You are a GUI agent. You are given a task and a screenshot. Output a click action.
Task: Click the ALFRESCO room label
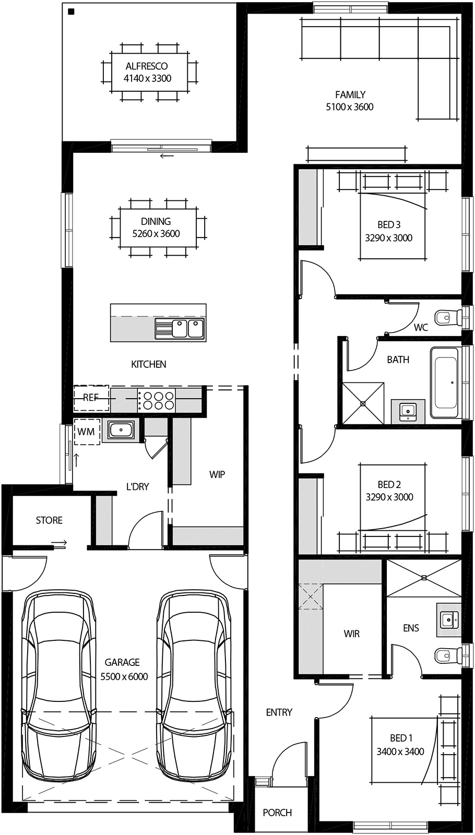[x=147, y=66]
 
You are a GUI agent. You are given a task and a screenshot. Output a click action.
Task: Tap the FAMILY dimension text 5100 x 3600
[x=349, y=107]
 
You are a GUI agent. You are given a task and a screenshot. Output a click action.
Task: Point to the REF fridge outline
[x=91, y=398]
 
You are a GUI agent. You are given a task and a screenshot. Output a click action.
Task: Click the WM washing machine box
[x=87, y=432]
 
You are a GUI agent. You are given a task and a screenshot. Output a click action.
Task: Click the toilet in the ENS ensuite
[x=444, y=654]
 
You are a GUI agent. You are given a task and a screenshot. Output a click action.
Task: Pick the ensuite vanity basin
[x=447, y=620]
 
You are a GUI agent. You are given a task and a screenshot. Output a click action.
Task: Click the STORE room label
[x=49, y=520]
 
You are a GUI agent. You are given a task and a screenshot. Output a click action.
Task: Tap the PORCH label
[x=277, y=813]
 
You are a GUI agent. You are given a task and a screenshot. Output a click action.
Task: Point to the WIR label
[x=351, y=634]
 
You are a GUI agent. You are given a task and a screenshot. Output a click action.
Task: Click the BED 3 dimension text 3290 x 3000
[x=388, y=238]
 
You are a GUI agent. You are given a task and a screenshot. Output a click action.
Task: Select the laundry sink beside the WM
[x=121, y=431]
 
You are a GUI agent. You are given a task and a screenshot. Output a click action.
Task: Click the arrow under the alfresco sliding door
[x=167, y=156]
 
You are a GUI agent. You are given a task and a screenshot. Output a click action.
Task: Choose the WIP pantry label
[x=217, y=474]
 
